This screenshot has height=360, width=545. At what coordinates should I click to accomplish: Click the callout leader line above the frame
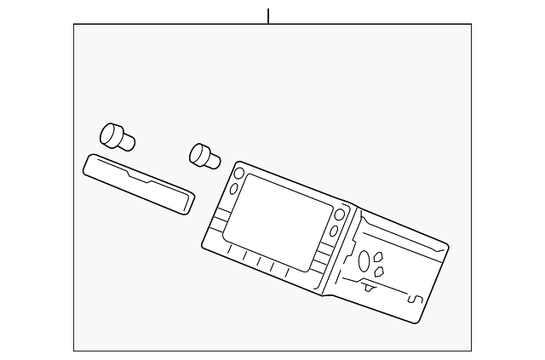268,16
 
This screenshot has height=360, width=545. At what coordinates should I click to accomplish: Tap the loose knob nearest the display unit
204,157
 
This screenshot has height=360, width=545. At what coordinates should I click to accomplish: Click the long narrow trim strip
139,184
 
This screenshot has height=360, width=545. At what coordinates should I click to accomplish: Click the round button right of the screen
341,214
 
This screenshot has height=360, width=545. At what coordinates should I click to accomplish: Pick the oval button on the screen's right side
333,231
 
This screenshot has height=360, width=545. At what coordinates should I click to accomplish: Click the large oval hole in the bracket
364,260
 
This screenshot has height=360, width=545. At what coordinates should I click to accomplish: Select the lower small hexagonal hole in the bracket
380,271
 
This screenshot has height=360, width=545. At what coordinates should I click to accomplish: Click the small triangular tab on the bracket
370,287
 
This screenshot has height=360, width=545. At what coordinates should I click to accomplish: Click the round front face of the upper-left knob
108,132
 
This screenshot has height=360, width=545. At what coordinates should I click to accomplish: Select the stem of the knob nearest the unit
214,160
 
